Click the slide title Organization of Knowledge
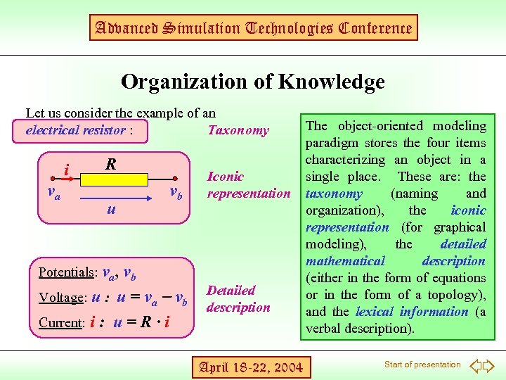(x=253, y=82)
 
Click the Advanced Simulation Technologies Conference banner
(x=253, y=28)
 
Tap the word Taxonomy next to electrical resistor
(x=238, y=130)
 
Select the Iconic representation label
(x=248, y=185)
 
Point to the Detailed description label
(x=238, y=298)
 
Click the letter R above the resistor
(x=110, y=165)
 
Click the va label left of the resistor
(x=53, y=191)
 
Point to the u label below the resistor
(x=111, y=208)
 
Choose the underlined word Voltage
(x=61, y=298)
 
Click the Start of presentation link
(x=422, y=365)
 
